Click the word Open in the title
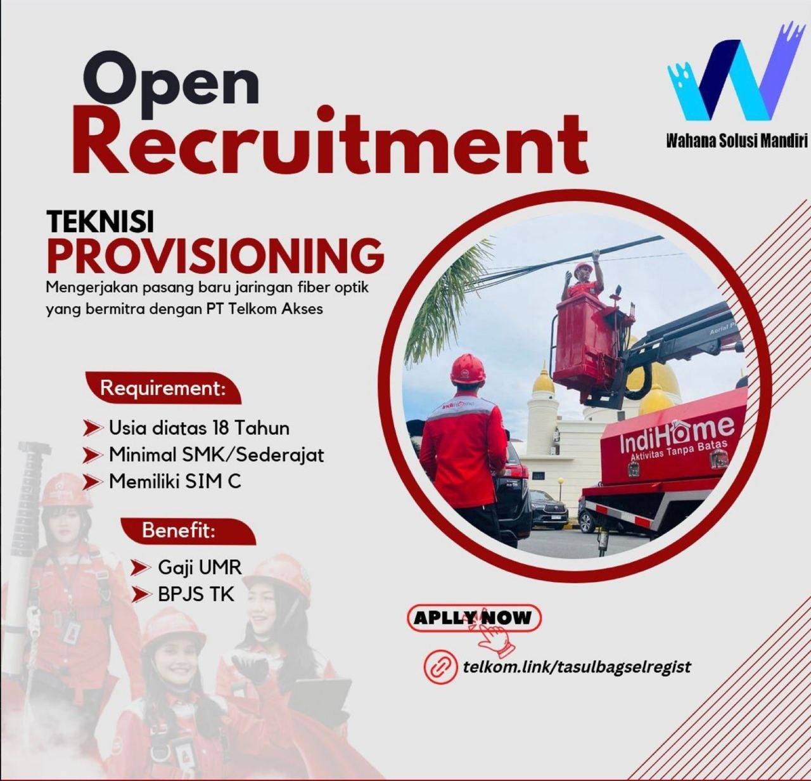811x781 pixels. pos(171,86)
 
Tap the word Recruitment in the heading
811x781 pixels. pos(329,139)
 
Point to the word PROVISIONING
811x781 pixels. pos(215,255)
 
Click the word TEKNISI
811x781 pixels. pos(100,221)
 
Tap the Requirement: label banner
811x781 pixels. pos(163,388)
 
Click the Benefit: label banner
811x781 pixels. pos(188,531)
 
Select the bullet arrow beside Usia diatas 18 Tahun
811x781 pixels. pos(93,428)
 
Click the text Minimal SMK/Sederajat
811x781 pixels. pos(216,455)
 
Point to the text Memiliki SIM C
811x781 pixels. pos(175,482)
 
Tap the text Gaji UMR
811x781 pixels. pos(200,568)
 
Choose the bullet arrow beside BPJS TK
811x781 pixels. pos(141,595)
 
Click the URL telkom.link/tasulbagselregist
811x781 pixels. pos(577,666)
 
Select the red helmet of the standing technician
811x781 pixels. pos(468,368)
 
